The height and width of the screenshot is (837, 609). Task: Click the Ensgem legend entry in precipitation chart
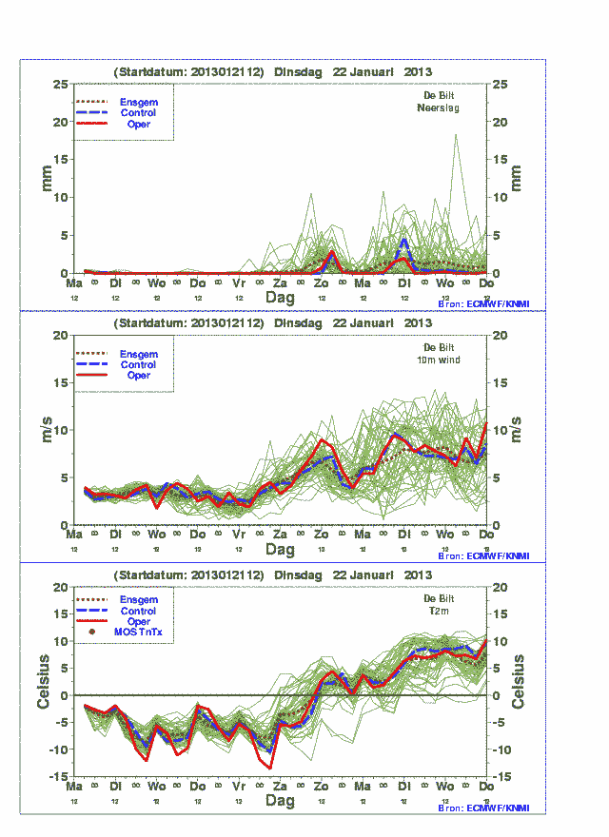tap(138, 102)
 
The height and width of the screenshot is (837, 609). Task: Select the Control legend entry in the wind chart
tap(138, 364)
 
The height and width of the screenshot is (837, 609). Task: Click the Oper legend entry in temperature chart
tap(138, 621)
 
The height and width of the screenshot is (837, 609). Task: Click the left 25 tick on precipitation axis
tap(60, 85)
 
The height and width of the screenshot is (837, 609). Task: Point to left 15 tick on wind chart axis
tap(60, 382)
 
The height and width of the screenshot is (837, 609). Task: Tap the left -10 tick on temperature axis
tap(56, 750)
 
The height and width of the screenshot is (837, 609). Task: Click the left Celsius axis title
tap(43, 682)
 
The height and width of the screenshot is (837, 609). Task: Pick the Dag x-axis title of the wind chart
tap(280, 550)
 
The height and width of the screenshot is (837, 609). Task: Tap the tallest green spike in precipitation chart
tap(457, 136)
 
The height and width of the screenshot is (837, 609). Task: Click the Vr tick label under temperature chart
tap(239, 788)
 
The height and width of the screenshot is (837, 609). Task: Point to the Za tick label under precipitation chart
tap(280, 283)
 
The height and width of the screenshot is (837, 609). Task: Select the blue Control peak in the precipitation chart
tap(404, 240)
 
